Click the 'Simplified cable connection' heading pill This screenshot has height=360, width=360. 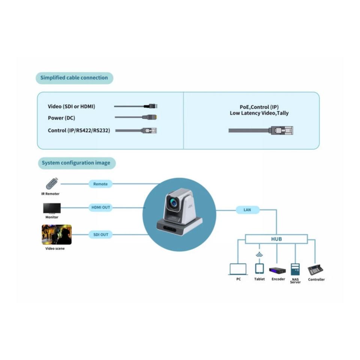74,78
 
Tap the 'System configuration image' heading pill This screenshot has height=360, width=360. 76,163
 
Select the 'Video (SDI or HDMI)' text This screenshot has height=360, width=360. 71,106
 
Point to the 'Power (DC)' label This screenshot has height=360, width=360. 61,118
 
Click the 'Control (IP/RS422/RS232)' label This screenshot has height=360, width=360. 79,130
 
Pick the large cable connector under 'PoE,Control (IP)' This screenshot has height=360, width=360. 282,130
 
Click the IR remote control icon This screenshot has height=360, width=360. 52,184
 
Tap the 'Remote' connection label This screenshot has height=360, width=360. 100,184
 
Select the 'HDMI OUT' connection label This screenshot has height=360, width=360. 100,207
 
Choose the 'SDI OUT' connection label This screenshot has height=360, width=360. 100,234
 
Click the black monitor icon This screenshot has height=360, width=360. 52,208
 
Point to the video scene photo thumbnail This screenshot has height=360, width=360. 57,234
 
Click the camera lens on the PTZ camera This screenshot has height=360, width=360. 174,203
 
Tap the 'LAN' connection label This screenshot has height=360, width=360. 247,210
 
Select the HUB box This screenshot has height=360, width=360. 276,239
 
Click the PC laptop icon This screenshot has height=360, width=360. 238,269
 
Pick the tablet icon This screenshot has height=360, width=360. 259,268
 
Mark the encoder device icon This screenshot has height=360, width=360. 277,271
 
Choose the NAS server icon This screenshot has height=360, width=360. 295,269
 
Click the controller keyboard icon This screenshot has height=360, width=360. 316,270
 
